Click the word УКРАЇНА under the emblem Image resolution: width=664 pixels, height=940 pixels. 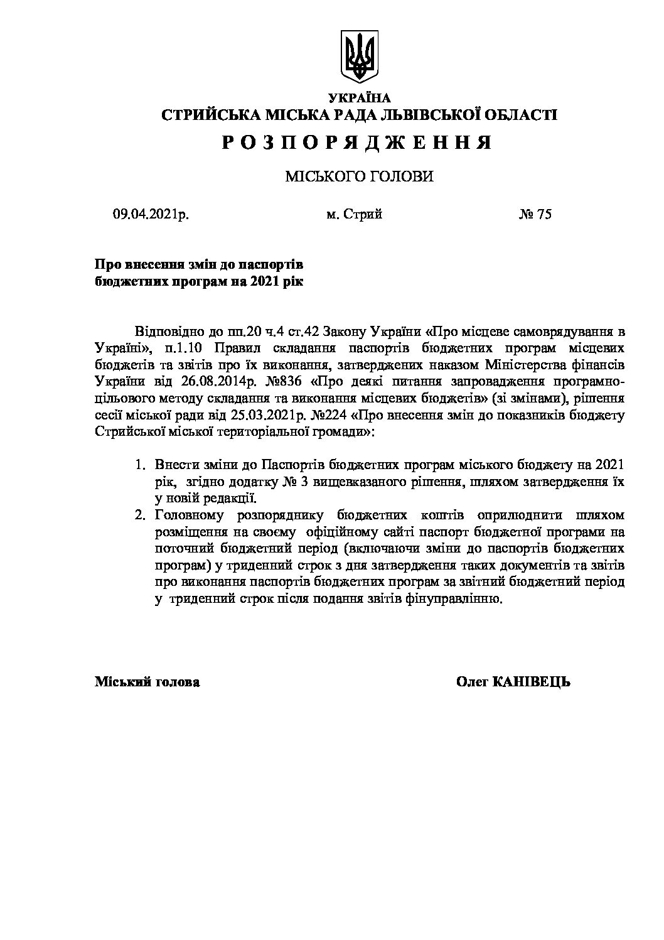pyautogui.click(x=360, y=97)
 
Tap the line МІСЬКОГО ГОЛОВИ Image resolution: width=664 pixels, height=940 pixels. pyautogui.click(x=359, y=177)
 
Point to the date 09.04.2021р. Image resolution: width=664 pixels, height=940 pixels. pyautogui.click(x=151, y=215)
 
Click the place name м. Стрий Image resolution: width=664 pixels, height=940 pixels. pyautogui.click(x=354, y=215)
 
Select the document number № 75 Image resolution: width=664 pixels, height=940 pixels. pyautogui.click(x=535, y=215)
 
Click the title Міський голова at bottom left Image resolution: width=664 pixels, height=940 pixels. pyautogui.click(x=147, y=682)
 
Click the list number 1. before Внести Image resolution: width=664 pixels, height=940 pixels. pyautogui.click(x=141, y=465)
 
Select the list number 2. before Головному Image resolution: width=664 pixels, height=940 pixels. pyautogui.click(x=141, y=516)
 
